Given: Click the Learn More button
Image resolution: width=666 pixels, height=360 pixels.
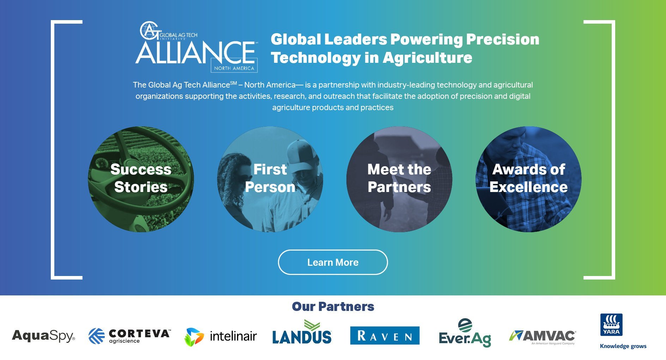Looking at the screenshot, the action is click(333, 262).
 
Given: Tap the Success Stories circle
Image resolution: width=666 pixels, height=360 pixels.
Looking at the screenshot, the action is click(141, 179).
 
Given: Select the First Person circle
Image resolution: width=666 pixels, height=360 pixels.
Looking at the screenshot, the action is click(270, 179).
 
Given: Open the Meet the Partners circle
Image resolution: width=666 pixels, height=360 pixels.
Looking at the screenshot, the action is click(399, 179).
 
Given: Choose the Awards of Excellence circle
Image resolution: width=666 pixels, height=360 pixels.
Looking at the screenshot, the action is click(528, 179).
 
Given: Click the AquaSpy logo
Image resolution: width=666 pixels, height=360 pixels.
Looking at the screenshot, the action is click(43, 336).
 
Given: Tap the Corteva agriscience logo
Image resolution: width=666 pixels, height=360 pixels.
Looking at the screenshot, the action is click(129, 336).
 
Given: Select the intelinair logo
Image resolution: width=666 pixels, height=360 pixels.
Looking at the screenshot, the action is click(221, 336).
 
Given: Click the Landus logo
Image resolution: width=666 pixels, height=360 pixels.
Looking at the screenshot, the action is click(302, 332).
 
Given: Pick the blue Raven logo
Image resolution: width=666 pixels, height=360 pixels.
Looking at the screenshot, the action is click(385, 335).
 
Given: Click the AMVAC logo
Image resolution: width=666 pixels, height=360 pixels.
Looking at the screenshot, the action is click(543, 337).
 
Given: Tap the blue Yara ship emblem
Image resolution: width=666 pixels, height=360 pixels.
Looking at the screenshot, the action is click(611, 325).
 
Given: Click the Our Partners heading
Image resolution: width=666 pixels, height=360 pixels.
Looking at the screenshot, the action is click(333, 306).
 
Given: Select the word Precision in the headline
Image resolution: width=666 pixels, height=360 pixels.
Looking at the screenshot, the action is click(503, 39).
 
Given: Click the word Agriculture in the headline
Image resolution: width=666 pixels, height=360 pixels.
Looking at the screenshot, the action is click(427, 58).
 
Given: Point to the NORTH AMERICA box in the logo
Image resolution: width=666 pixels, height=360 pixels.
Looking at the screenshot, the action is click(234, 68).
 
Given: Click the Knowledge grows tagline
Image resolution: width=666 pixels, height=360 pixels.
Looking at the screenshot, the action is click(623, 346).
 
